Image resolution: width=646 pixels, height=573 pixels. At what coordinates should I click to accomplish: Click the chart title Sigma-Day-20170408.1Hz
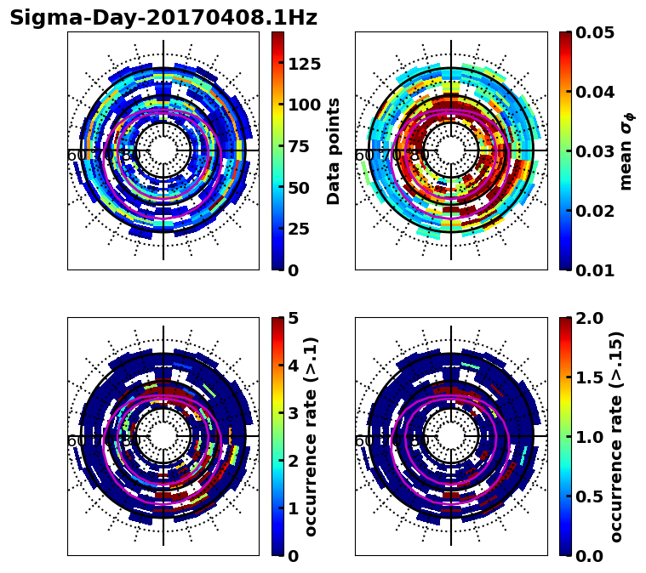[163, 18]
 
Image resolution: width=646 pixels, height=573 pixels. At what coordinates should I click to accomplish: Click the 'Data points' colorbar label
[334, 150]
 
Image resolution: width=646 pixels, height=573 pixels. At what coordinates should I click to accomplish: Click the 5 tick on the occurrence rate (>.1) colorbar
[293, 318]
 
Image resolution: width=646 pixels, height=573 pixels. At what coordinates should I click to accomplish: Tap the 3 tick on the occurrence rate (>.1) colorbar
[293, 413]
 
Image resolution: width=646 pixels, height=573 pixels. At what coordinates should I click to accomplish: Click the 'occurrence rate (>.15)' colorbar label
[616, 436]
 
